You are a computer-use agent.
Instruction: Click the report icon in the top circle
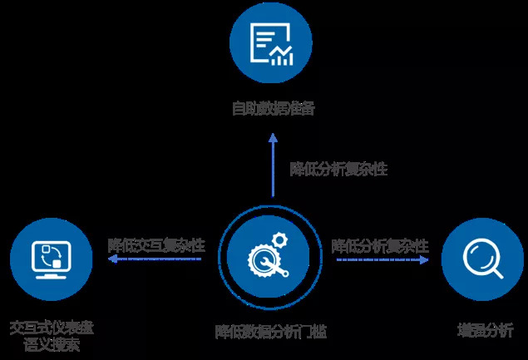click(x=271, y=43)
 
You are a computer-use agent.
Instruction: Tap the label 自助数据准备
click(x=273, y=107)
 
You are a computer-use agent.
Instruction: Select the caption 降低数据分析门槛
click(x=271, y=331)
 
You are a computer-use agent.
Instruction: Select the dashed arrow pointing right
click(x=382, y=259)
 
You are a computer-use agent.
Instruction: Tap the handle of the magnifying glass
click(x=496, y=272)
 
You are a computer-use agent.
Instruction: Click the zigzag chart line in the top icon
click(x=284, y=56)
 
